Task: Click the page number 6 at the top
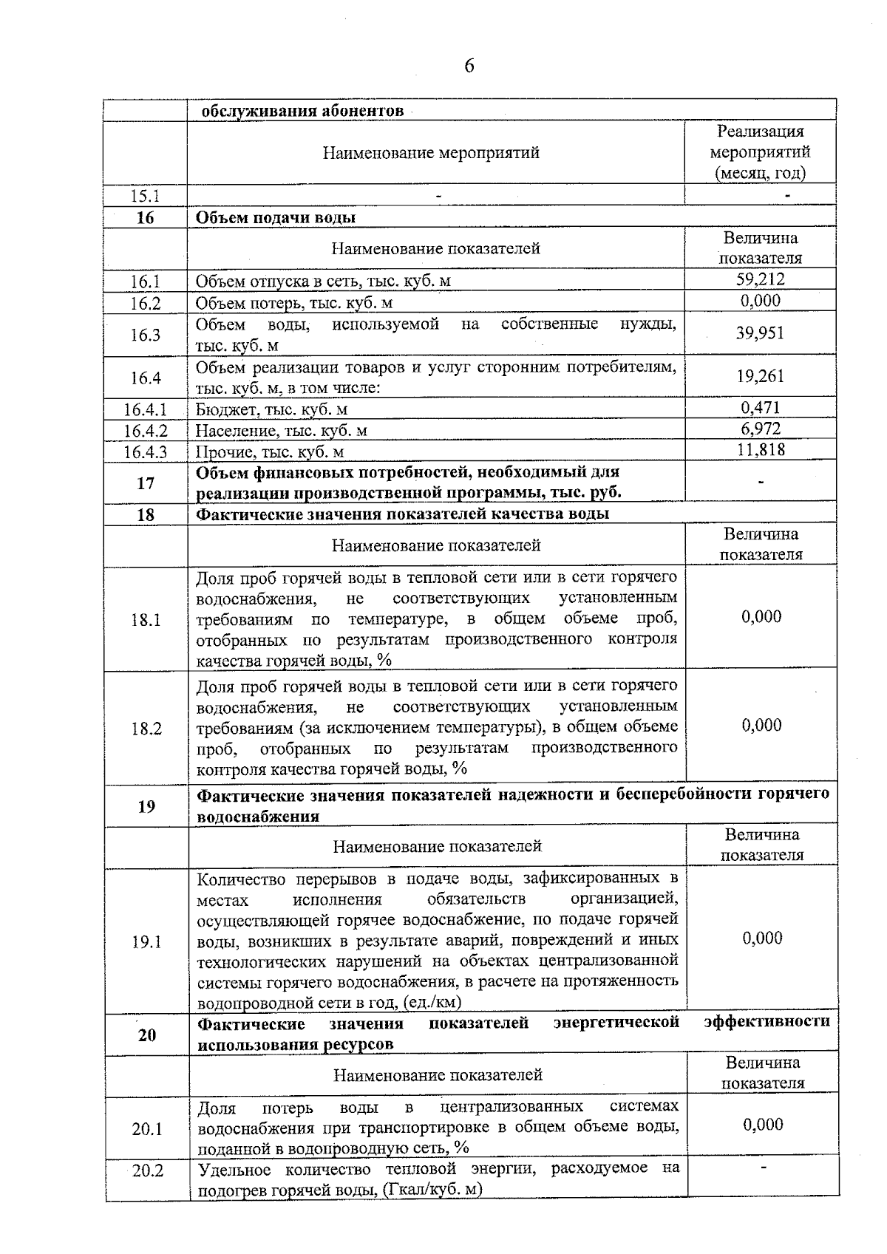coord(469,67)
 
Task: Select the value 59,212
coord(760,279)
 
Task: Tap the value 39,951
coord(760,333)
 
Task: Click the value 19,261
coord(760,377)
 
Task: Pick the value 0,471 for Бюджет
coord(760,408)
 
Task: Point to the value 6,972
coord(760,429)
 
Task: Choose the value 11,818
coord(760,449)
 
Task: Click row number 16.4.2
coord(146,430)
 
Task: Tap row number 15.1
coord(145,196)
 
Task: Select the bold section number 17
coord(146,483)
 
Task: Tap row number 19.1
coord(146,942)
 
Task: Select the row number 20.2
coord(147,1171)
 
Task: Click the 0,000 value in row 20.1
coord(763,1125)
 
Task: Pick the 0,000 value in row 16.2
coord(760,301)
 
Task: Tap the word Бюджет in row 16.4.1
coord(221,409)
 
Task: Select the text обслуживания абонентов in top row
coord(302,112)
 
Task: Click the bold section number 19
coord(146,806)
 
